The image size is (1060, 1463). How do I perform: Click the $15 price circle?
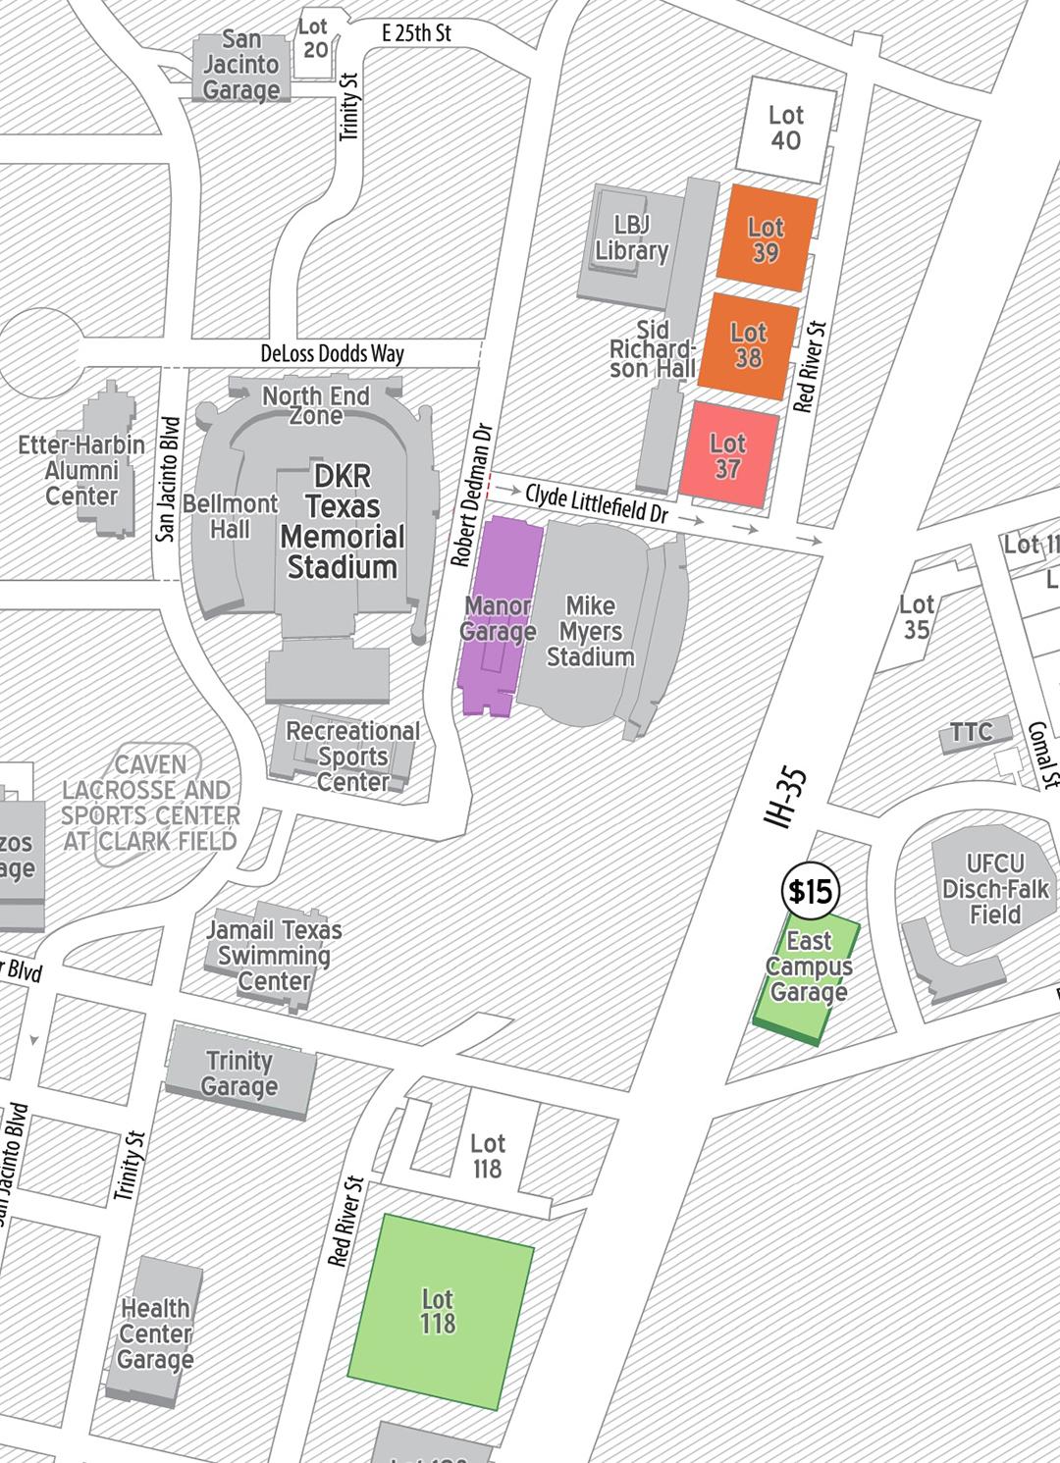812,891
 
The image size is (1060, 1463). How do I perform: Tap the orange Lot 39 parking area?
767,238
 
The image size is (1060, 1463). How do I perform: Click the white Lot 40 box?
785,128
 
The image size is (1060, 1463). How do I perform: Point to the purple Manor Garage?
498,618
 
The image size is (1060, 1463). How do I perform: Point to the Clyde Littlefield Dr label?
596,502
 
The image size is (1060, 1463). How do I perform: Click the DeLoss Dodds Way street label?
332,353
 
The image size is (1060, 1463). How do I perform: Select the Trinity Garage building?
240,1073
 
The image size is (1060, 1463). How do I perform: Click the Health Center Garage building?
155,1333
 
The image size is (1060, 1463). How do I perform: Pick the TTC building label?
971,731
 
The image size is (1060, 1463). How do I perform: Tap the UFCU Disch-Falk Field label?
994,889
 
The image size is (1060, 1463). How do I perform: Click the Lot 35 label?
917,617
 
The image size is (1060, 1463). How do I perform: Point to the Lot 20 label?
314,37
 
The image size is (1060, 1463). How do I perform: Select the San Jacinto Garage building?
241,66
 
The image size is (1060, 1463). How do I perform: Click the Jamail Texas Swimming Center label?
274,955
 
